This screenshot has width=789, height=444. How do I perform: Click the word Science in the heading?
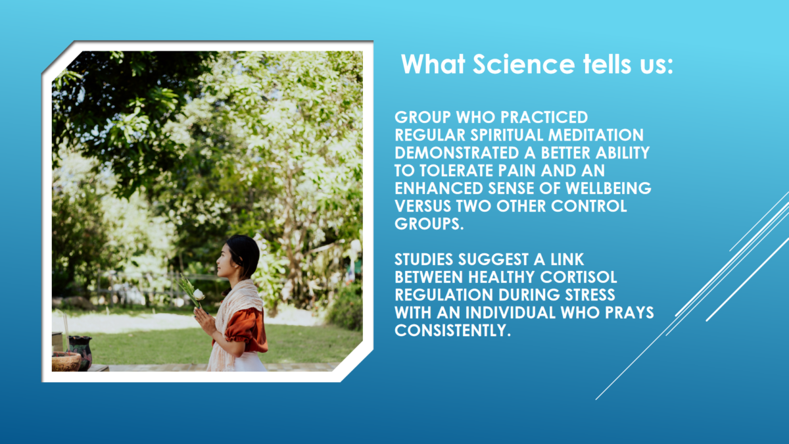(x=524, y=64)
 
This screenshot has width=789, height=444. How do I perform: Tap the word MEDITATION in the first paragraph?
(x=596, y=135)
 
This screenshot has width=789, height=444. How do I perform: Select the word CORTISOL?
(x=579, y=277)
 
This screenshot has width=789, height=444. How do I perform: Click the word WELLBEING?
(x=609, y=188)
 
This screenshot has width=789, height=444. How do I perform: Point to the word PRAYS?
(x=630, y=312)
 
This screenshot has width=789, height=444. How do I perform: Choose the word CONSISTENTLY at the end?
(x=452, y=330)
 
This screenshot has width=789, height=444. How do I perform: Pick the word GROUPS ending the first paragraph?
(x=429, y=224)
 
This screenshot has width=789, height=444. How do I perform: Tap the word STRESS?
(x=590, y=295)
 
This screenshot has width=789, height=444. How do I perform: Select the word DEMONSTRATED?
(x=457, y=153)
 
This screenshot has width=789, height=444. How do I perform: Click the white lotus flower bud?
(x=199, y=294)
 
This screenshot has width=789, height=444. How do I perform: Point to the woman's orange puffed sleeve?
(x=247, y=330)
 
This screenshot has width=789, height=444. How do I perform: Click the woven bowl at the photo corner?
(x=66, y=362)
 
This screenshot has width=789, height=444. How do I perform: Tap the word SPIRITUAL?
(x=506, y=135)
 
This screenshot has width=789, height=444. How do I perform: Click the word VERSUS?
(x=423, y=206)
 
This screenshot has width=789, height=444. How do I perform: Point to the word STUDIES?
(x=423, y=259)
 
